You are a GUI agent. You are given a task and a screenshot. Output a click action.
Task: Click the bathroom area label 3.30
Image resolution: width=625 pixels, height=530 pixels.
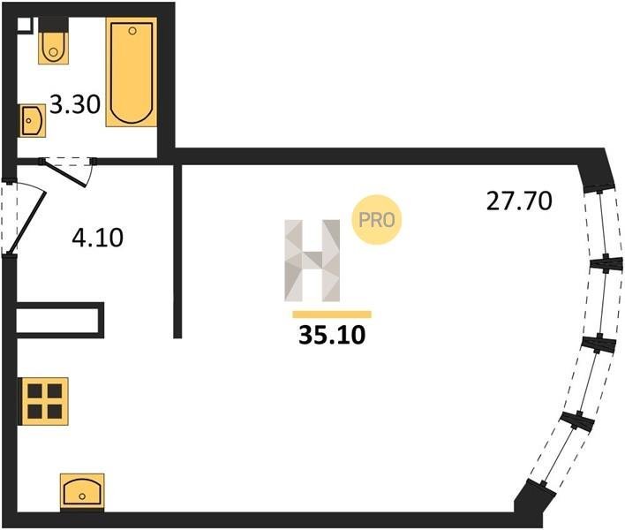(x=75, y=105)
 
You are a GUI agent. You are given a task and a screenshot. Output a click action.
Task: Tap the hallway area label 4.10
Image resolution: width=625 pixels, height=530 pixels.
(x=98, y=238)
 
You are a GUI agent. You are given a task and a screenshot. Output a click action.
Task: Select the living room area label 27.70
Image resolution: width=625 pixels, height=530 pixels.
(x=519, y=201)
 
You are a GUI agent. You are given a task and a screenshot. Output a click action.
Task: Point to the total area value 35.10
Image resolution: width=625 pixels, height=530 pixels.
(x=332, y=335)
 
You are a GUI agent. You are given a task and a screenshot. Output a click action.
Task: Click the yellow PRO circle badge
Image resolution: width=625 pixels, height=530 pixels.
(x=376, y=220)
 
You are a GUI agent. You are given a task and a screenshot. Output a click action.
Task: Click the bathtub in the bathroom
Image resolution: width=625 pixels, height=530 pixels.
(x=132, y=72)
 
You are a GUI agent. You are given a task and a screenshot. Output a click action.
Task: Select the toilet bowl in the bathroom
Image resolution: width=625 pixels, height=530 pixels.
(x=54, y=48)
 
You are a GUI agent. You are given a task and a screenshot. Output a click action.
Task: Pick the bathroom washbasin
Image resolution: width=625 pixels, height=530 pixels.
(x=32, y=120)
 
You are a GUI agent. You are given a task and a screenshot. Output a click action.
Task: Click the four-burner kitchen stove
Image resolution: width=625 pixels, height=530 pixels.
(x=45, y=401)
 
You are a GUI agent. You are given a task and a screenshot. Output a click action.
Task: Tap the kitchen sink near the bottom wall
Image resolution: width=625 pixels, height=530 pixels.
(x=82, y=491)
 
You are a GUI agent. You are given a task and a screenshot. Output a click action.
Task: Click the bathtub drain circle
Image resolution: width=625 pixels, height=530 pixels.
(x=132, y=31)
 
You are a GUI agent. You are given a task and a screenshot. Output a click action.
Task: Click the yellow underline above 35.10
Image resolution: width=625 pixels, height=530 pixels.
(x=332, y=314)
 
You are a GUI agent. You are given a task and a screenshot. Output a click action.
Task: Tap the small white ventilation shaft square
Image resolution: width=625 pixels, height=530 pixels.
(x=25, y=24)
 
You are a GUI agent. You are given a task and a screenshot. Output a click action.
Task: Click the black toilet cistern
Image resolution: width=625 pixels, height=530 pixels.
(x=54, y=25)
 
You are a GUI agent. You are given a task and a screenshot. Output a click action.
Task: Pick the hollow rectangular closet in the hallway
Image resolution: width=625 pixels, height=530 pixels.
(x=60, y=321)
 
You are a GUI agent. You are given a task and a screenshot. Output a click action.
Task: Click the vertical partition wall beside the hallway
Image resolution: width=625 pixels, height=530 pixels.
(x=177, y=251)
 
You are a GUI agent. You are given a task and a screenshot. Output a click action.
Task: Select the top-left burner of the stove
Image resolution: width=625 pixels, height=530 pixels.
(x=34, y=390)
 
